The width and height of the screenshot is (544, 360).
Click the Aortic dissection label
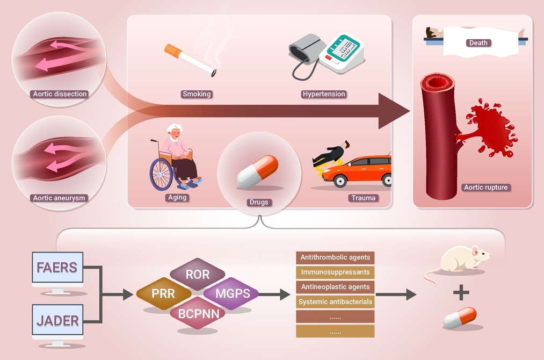point(60,94)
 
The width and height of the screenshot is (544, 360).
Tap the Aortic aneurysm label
point(59,198)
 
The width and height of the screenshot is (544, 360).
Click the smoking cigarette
point(190,59)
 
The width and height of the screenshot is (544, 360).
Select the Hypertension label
point(324,94)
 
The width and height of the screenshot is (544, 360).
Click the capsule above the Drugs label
point(257,171)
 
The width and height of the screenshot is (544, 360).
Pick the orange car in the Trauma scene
point(357,171)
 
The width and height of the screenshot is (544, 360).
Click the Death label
point(478,43)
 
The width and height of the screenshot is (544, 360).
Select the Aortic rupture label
point(485,188)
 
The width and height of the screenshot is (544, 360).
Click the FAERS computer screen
point(57,267)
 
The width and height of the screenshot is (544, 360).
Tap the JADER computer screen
point(57,320)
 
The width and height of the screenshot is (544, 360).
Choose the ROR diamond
point(198,274)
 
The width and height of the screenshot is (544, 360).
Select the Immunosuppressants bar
point(335,272)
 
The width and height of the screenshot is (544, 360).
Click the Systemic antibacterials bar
point(335,301)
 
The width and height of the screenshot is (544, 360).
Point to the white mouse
point(457,264)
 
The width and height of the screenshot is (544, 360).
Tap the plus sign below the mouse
point(461,293)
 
